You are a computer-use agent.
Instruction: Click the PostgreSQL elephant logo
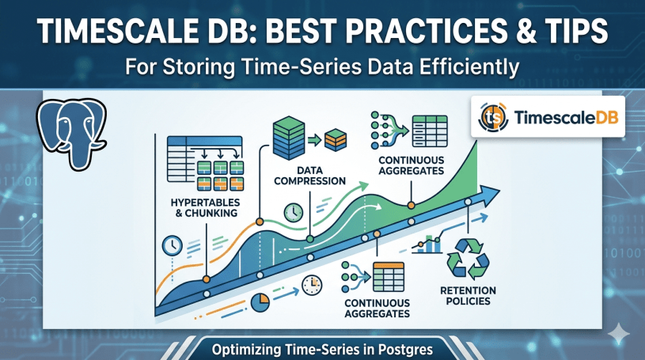click(x=71, y=134)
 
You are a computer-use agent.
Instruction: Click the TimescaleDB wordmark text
click(x=566, y=118)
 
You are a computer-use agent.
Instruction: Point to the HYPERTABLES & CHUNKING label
click(x=205, y=208)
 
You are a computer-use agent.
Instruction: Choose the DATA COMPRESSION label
click(x=309, y=176)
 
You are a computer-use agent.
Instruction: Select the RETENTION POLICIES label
click(x=468, y=296)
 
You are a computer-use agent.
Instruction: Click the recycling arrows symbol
click(x=468, y=259)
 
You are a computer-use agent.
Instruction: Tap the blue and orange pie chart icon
click(x=260, y=302)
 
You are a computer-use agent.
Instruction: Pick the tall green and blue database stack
click(x=289, y=138)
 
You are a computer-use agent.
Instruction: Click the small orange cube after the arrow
click(x=336, y=140)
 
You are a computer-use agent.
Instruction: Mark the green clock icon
click(x=294, y=212)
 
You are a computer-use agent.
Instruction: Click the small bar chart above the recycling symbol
click(x=428, y=244)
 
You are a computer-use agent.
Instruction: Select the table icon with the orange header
click(x=389, y=277)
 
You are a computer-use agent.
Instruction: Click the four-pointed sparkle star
click(x=619, y=333)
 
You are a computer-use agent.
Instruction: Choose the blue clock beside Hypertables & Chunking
click(x=173, y=246)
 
